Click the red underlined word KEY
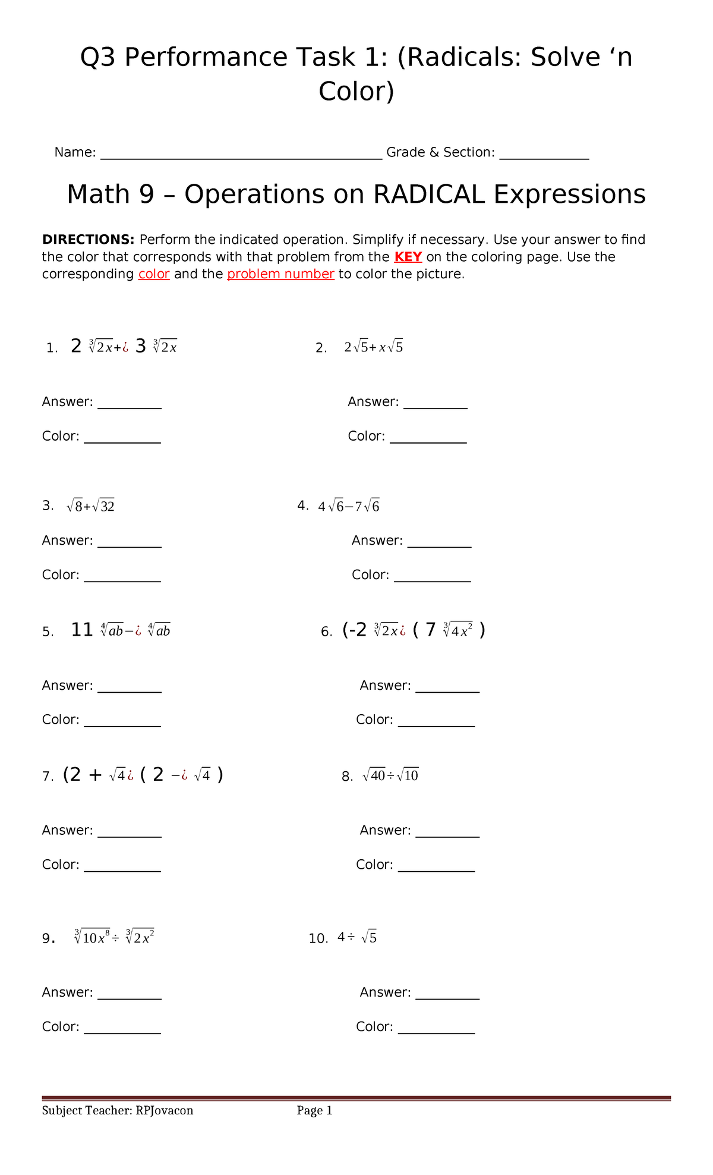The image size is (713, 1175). click(x=408, y=257)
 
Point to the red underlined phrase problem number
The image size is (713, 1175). click(x=280, y=274)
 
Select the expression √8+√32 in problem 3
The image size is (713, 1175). click(x=90, y=506)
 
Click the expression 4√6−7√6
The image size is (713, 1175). click(x=349, y=507)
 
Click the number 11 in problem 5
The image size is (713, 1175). click(x=82, y=630)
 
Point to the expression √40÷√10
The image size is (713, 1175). click(x=390, y=775)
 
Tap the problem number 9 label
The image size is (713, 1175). click(x=48, y=938)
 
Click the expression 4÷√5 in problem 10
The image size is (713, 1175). click(x=357, y=938)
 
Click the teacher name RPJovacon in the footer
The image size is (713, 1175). click(x=164, y=1111)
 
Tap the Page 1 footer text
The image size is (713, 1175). click(x=314, y=1111)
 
